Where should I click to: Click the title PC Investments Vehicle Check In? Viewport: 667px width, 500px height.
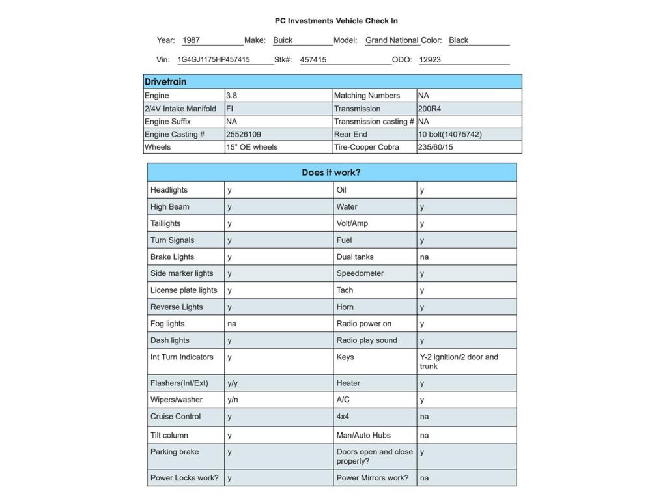click(336, 21)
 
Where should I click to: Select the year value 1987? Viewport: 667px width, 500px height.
click(192, 40)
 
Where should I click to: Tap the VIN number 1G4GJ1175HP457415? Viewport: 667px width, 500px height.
click(214, 60)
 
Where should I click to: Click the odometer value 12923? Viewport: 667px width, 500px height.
click(430, 60)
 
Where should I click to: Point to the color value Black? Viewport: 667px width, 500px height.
click(459, 40)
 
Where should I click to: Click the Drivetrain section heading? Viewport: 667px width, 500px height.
click(165, 82)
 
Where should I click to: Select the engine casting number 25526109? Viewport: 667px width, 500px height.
click(244, 135)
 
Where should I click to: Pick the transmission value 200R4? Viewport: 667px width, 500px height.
click(429, 109)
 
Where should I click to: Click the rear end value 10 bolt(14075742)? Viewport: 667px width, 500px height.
click(450, 135)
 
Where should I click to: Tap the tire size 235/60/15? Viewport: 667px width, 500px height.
click(436, 148)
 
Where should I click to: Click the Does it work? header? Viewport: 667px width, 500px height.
click(331, 173)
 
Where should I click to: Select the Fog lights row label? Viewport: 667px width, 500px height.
click(167, 324)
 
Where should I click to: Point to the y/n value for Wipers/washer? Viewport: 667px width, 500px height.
click(233, 400)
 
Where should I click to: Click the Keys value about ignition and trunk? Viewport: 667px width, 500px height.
click(459, 361)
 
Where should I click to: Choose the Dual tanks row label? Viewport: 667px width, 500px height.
click(355, 257)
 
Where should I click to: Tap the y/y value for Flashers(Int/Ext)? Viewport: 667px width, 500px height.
click(233, 383)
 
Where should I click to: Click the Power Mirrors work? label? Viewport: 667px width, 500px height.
click(373, 478)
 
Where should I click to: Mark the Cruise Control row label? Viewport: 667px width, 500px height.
click(176, 417)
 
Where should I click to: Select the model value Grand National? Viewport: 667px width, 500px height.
click(392, 40)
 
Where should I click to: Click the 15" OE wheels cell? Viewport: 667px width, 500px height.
click(251, 148)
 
